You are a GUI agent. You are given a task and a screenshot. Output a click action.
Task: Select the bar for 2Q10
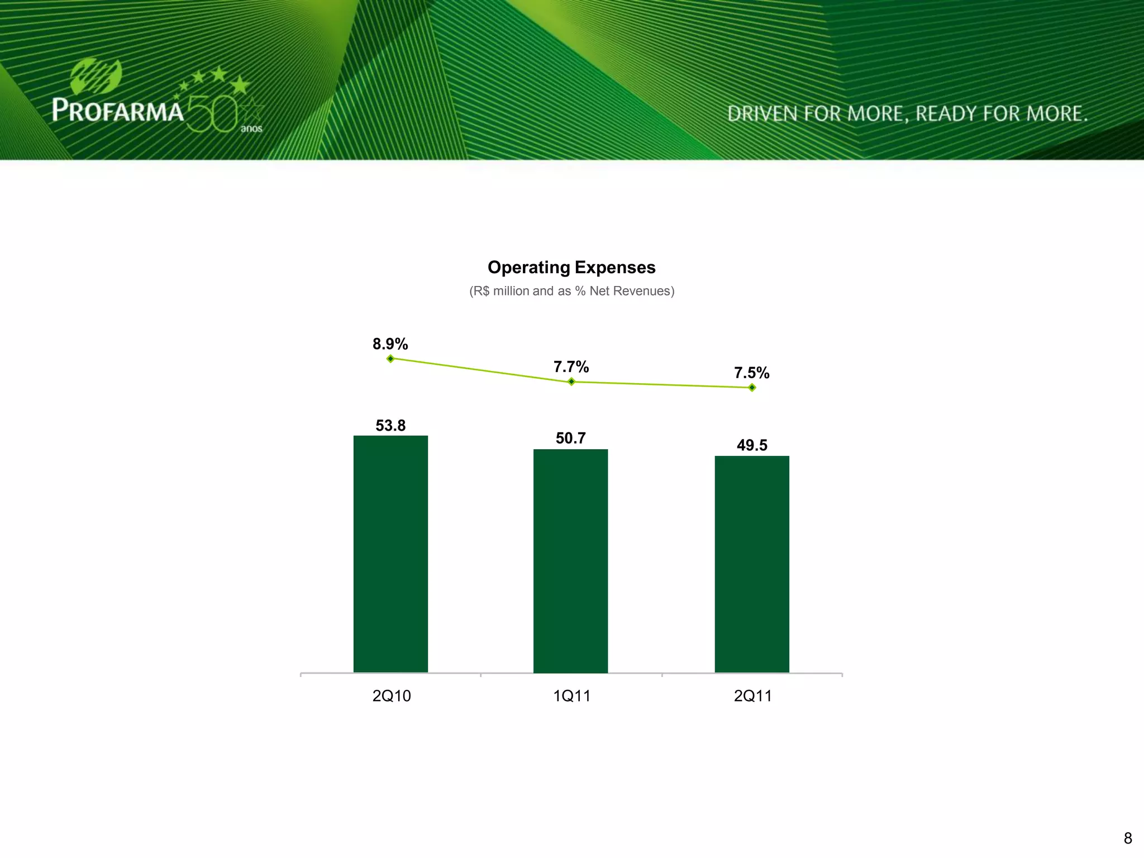pos(390,554)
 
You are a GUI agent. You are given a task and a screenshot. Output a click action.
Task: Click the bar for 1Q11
pos(570,560)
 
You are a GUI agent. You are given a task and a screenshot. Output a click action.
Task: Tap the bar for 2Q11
pos(752,564)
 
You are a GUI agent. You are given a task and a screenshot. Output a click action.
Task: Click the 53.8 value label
pos(390,426)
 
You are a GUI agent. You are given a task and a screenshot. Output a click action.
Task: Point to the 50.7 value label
pos(570,438)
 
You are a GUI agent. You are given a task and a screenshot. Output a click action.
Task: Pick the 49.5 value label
pos(752,445)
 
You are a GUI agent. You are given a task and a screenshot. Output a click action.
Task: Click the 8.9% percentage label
pos(390,344)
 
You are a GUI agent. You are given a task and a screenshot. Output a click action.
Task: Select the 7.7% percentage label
pos(571,367)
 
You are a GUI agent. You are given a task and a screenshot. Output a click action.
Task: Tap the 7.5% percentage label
pos(751,373)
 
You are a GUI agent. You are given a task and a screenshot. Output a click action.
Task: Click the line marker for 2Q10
pos(390,359)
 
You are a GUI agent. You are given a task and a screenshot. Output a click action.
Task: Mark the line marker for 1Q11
pos(571,382)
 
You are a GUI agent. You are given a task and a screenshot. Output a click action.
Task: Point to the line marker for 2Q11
pos(752,388)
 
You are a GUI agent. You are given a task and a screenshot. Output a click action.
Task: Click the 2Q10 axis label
pos(392,696)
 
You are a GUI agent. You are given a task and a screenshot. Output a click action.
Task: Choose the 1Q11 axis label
pos(571,696)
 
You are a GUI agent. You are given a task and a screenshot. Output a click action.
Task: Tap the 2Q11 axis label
pos(752,696)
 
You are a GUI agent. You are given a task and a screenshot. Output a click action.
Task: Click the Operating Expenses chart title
pos(571,268)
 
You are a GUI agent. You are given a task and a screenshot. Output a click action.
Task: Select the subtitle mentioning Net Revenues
pos(571,291)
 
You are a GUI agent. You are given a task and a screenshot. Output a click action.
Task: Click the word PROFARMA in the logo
pos(118,110)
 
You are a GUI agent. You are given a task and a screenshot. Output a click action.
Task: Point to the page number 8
pos(1127,838)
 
